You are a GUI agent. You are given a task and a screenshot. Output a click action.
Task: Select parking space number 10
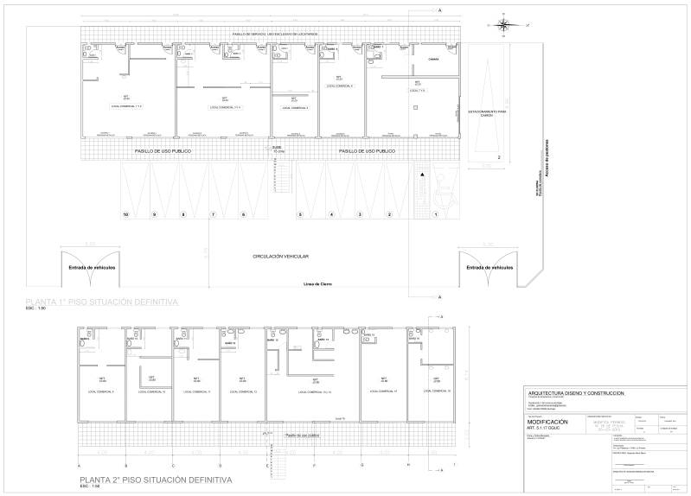click(x=126, y=213)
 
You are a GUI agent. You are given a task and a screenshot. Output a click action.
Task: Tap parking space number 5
click(x=300, y=213)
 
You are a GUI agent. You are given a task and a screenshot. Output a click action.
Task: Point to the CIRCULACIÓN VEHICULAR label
click(x=281, y=257)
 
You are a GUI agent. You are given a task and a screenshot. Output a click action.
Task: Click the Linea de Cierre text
click(x=318, y=283)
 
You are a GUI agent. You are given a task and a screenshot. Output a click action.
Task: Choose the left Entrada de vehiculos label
click(x=93, y=268)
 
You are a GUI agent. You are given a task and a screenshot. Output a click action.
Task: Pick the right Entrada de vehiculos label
click(x=489, y=268)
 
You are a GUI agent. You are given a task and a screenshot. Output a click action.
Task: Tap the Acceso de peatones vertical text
click(x=547, y=155)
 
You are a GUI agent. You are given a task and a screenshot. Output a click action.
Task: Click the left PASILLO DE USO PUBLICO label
click(x=163, y=151)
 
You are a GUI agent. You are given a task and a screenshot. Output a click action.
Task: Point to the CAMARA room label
click(x=432, y=60)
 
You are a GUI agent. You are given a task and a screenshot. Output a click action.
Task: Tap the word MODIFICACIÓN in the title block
click(x=548, y=422)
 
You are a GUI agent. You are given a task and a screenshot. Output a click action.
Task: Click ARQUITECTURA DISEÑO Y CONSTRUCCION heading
click(x=576, y=393)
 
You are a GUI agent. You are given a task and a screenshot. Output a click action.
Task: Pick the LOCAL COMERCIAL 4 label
click(x=339, y=87)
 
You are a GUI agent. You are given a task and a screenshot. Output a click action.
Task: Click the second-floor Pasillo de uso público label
click(x=304, y=436)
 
